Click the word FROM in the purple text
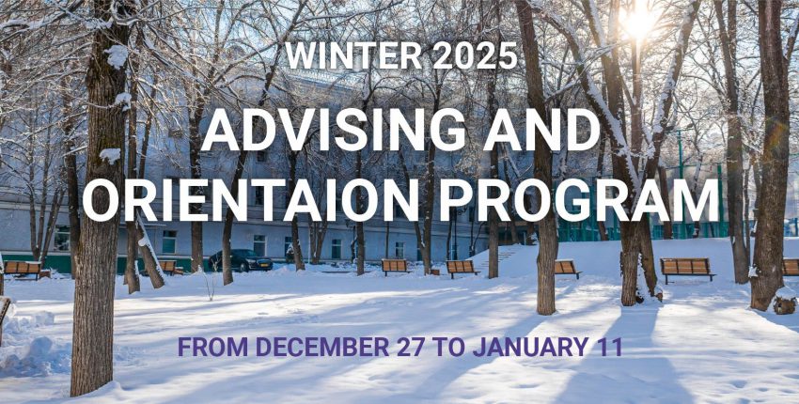212,348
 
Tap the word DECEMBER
322,348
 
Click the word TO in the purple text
448,348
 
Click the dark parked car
241,260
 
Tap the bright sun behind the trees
639,22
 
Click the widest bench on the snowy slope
687,270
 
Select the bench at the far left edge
23,270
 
